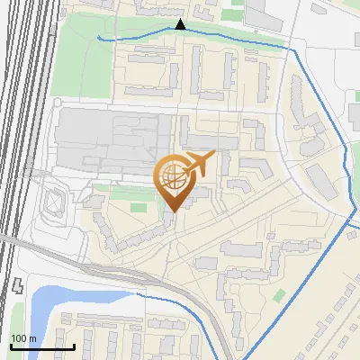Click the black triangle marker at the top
pyautogui.click(x=180, y=24)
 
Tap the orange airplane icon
pyautogui.click(x=197, y=165)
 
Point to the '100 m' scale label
pyautogui.click(x=22, y=338)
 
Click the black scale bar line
pyautogui.click(x=41, y=346)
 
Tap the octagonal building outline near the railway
pyautogui.click(x=53, y=204)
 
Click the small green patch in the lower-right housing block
pyautogui.click(x=279, y=295)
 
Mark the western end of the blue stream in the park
pyautogui.click(x=99, y=38)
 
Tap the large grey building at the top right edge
pyautogui.click(x=265, y=13)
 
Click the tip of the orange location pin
pyautogui.click(x=172, y=211)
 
